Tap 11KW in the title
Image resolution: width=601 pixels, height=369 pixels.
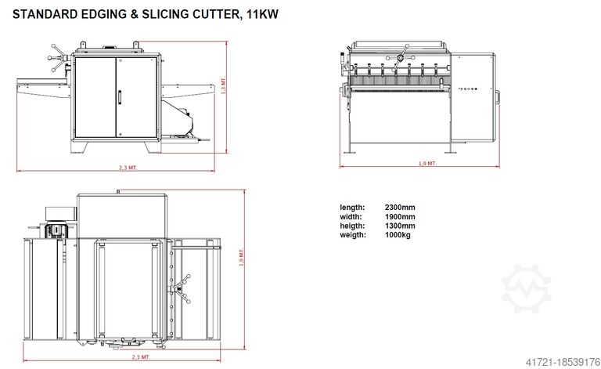coord(262,14)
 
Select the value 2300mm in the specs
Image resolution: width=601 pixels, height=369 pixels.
coord(400,208)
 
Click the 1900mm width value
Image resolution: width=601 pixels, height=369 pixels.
coord(400,217)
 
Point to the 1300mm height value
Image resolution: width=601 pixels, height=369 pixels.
coord(400,226)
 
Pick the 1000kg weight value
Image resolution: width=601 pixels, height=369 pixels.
coord(398,235)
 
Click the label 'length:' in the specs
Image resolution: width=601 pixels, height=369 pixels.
coord(352,208)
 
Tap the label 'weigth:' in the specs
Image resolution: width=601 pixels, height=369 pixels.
coord(353,235)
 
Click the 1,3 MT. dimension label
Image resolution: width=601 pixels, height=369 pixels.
coord(224,85)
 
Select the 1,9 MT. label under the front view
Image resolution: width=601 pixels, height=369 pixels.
coord(427,164)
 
